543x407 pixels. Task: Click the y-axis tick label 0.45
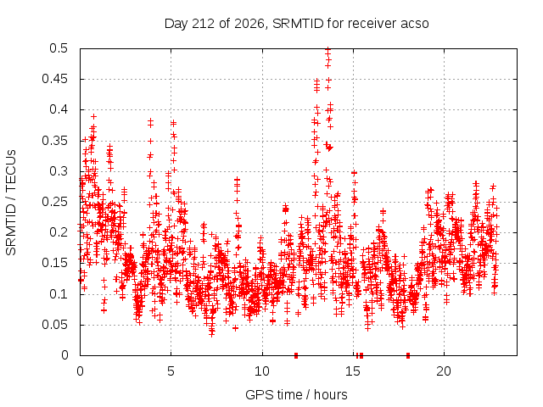pos(54,79)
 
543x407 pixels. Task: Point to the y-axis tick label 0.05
pos(54,325)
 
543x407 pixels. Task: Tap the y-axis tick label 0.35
pos(54,141)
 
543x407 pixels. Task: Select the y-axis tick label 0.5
pos(59,48)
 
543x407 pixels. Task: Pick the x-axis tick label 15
pos(353,371)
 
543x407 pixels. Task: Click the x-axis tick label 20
pos(444,371)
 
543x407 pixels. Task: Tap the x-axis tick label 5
pos(171,371)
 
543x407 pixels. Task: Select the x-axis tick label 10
pos(262,371)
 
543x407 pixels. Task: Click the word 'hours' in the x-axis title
pos(330,394)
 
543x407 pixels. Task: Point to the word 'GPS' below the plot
pos(256,394)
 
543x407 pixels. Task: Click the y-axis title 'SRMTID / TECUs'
pos(11,203)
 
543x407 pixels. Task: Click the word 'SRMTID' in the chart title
pos(298,24)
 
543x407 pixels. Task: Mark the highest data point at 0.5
pos(328,49)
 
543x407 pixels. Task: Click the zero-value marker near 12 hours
pos(296,355)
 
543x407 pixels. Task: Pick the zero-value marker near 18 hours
pos(408,355)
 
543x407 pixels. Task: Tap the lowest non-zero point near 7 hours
pos(212,334)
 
